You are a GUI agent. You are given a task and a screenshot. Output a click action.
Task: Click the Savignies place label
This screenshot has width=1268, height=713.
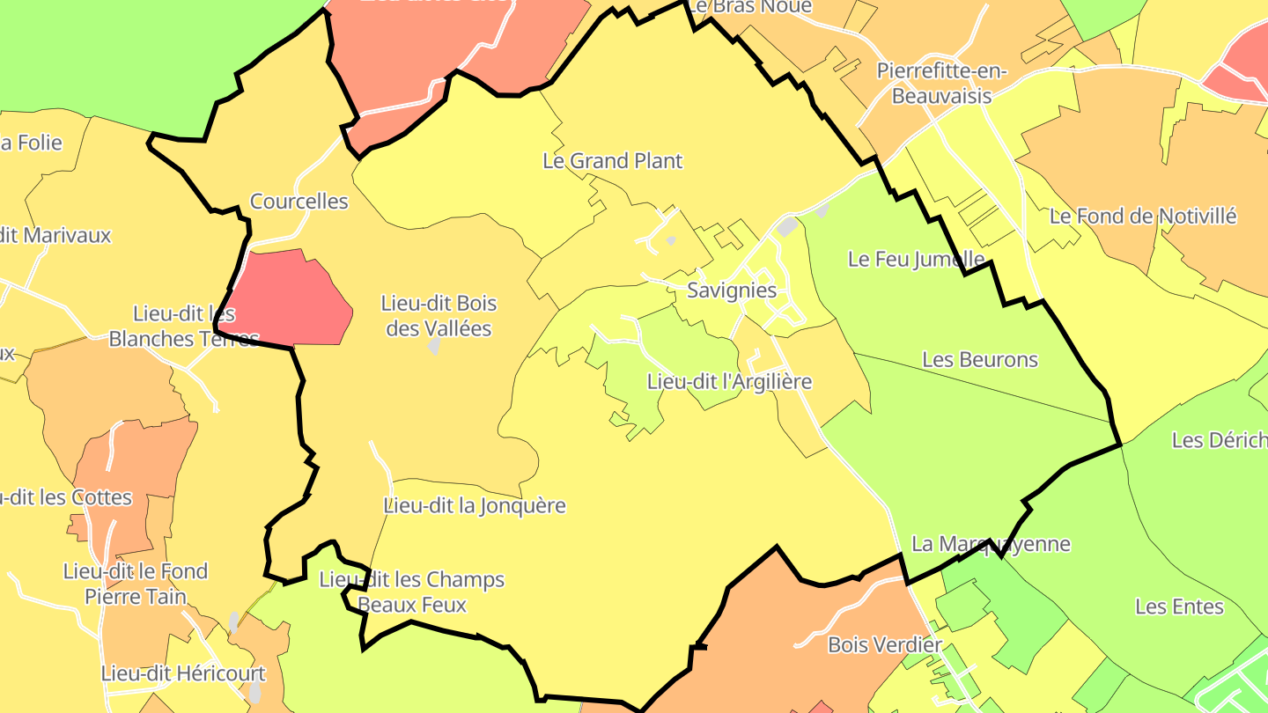(732, 290)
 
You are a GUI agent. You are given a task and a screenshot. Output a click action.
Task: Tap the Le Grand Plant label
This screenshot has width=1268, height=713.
(612, 161)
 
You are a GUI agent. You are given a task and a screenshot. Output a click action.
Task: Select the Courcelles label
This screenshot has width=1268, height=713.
(299, 202)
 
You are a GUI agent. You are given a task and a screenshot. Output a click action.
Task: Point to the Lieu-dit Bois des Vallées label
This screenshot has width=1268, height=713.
(439, 316)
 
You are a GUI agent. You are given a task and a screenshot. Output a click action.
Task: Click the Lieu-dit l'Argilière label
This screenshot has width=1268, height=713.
(729, 382)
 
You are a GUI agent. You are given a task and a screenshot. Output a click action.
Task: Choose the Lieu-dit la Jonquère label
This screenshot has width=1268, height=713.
(475, 506)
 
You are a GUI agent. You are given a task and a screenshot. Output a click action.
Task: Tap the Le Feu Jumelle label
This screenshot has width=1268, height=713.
(916, 259)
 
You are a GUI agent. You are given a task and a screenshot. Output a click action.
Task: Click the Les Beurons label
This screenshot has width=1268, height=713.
(980, 360)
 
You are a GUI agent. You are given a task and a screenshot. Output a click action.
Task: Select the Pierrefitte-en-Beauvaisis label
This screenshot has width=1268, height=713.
(941, 84)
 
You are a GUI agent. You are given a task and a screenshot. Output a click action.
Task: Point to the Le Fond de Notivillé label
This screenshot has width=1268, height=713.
(1143, 217)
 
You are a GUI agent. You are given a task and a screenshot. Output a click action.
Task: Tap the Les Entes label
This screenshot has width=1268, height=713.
(1179, 606)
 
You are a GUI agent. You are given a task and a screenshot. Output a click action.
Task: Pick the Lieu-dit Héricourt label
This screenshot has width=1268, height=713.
(183, 674)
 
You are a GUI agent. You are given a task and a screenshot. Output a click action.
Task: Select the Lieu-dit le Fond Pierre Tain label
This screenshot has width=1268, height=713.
(136, 584)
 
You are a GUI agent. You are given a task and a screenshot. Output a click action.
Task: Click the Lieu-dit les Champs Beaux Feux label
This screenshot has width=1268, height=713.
(412, 592)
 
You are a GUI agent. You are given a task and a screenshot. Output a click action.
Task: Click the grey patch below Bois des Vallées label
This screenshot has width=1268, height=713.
(434, 346)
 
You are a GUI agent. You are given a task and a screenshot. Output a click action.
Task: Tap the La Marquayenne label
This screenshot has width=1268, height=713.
(991, 544)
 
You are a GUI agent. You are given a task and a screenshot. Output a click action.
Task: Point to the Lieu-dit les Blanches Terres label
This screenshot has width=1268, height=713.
(184, 326)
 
